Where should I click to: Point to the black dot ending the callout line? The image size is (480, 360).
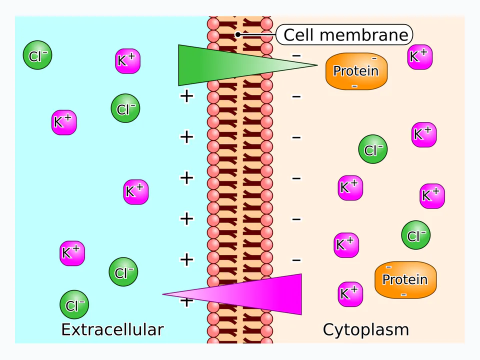click(238, 34)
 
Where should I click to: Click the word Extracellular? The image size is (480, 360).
click(112, 329)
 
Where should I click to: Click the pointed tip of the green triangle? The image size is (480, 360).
click(317, 65)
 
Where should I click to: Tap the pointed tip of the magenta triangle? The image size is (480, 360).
click(163, 294)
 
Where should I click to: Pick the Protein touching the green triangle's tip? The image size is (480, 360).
click(356, 71)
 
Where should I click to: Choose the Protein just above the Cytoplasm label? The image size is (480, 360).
click(405, 280)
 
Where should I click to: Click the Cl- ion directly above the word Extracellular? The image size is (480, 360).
click(74, 305)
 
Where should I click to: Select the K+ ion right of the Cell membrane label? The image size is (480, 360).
click(420, 57)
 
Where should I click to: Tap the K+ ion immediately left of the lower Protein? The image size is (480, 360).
click(350, 294)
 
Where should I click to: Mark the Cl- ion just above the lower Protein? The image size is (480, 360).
click(415, 235)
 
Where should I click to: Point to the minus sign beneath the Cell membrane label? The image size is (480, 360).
click(296, 55)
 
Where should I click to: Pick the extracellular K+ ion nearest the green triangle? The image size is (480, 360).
click(127, 61)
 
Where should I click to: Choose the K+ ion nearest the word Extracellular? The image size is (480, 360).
click(72, 253)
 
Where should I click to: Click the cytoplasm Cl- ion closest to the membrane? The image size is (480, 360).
click(373, 149)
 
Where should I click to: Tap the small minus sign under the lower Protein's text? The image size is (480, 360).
click(404, 295)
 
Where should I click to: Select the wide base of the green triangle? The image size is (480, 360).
click(179, 65)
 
